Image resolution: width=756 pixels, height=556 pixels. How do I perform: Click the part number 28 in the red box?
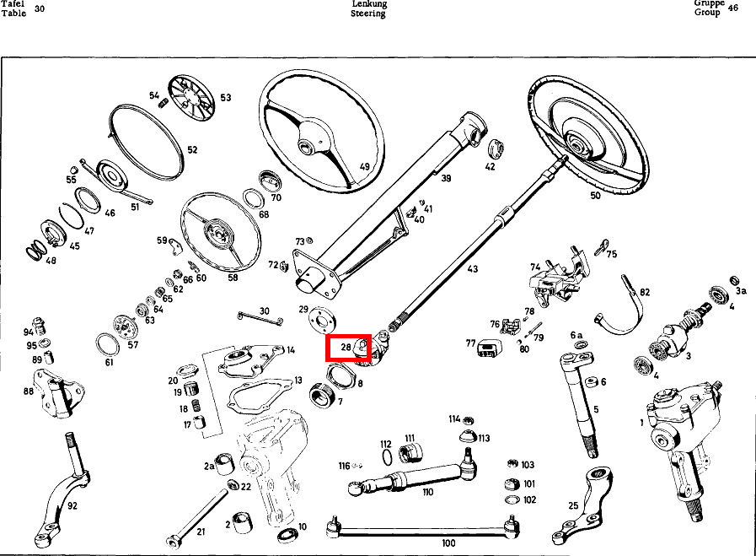[346, 347]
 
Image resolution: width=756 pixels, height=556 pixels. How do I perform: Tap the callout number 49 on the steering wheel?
[365, 167]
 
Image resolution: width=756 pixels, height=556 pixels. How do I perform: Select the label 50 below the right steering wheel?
[596, 196]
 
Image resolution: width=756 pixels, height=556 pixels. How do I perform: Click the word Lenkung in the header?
[369, 4]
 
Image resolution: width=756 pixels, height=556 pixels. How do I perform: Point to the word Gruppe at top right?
[709, 3]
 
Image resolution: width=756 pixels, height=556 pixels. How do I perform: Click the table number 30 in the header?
[40, 8]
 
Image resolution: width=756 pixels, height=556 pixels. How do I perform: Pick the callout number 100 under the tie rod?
[448, 543]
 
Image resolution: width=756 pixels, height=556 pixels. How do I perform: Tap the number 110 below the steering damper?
[427, 492]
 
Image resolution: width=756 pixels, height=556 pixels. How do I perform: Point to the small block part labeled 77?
[490, 348]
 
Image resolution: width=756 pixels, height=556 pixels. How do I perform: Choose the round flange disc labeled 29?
[323, 319]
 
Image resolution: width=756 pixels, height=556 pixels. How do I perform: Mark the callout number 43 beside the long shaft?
[473, 269]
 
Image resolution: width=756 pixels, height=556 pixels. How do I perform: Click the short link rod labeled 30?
[260, 318]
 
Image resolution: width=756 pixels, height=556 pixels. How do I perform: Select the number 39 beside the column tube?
[446, 179]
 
